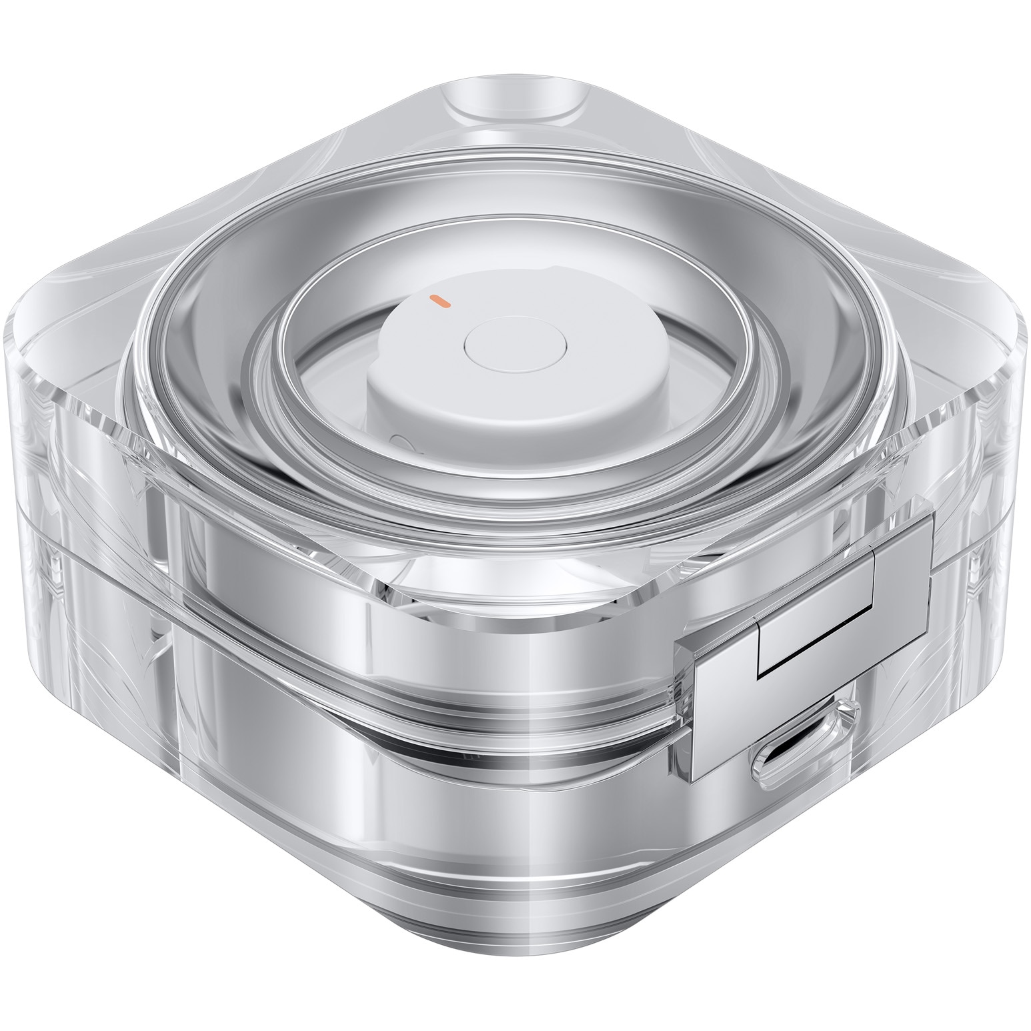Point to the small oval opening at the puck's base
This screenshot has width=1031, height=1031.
pyautogui.click(x=401, y=441)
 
